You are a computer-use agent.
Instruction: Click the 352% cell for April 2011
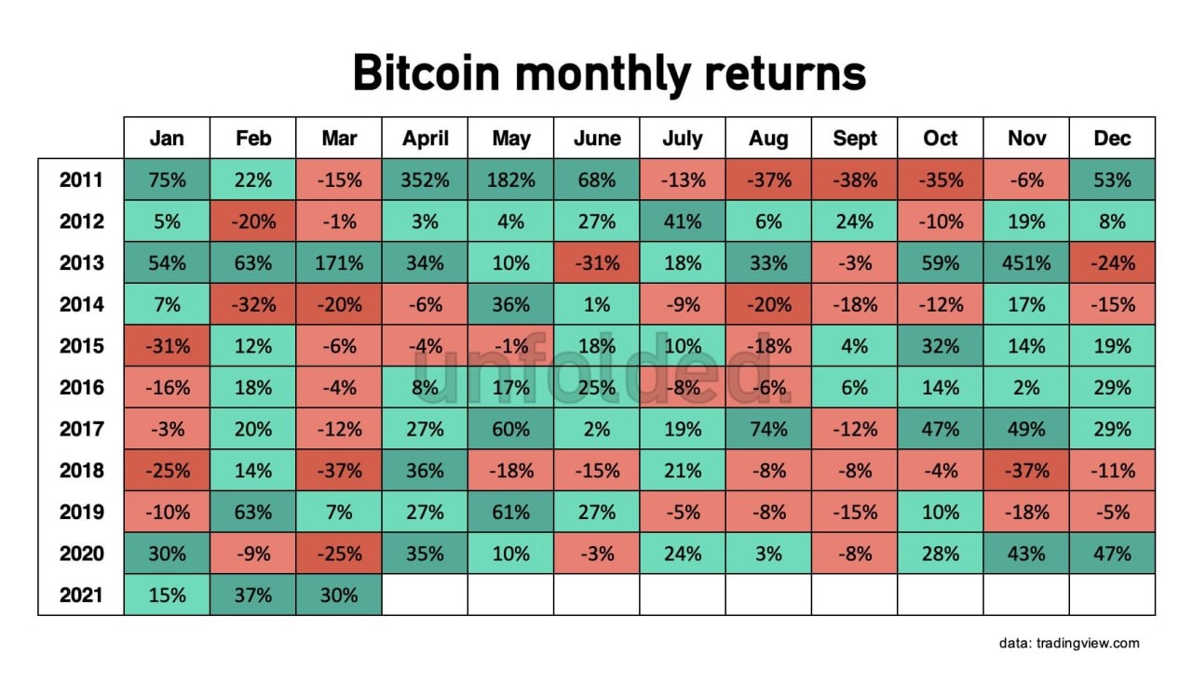click(425, 180)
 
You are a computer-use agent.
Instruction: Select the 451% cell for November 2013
click(1026, 262)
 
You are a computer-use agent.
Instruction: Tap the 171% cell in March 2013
click(339, 262)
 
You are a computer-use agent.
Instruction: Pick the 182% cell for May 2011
click(511, 180)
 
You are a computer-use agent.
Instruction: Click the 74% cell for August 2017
click(768, 429)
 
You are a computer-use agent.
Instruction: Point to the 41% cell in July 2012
click(683, 221)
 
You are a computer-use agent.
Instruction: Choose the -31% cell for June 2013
click(597, 262)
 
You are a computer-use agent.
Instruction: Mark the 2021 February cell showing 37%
click(252, 594)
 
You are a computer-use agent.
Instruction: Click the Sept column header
click(855, 139)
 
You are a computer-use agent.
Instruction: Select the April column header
click(425, 139)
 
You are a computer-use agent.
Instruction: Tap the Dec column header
click(1112, 139)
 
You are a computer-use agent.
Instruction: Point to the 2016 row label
click(81, 388)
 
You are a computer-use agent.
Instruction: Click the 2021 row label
click(81, 594)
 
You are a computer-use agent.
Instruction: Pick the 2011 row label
click(81, 180)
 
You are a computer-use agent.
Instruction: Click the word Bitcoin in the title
click(427, 73)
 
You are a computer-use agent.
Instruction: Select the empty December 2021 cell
click(1112, 594)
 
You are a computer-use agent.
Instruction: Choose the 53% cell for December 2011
click(1112, 180)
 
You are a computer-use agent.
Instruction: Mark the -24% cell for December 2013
click(1112, 262)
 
